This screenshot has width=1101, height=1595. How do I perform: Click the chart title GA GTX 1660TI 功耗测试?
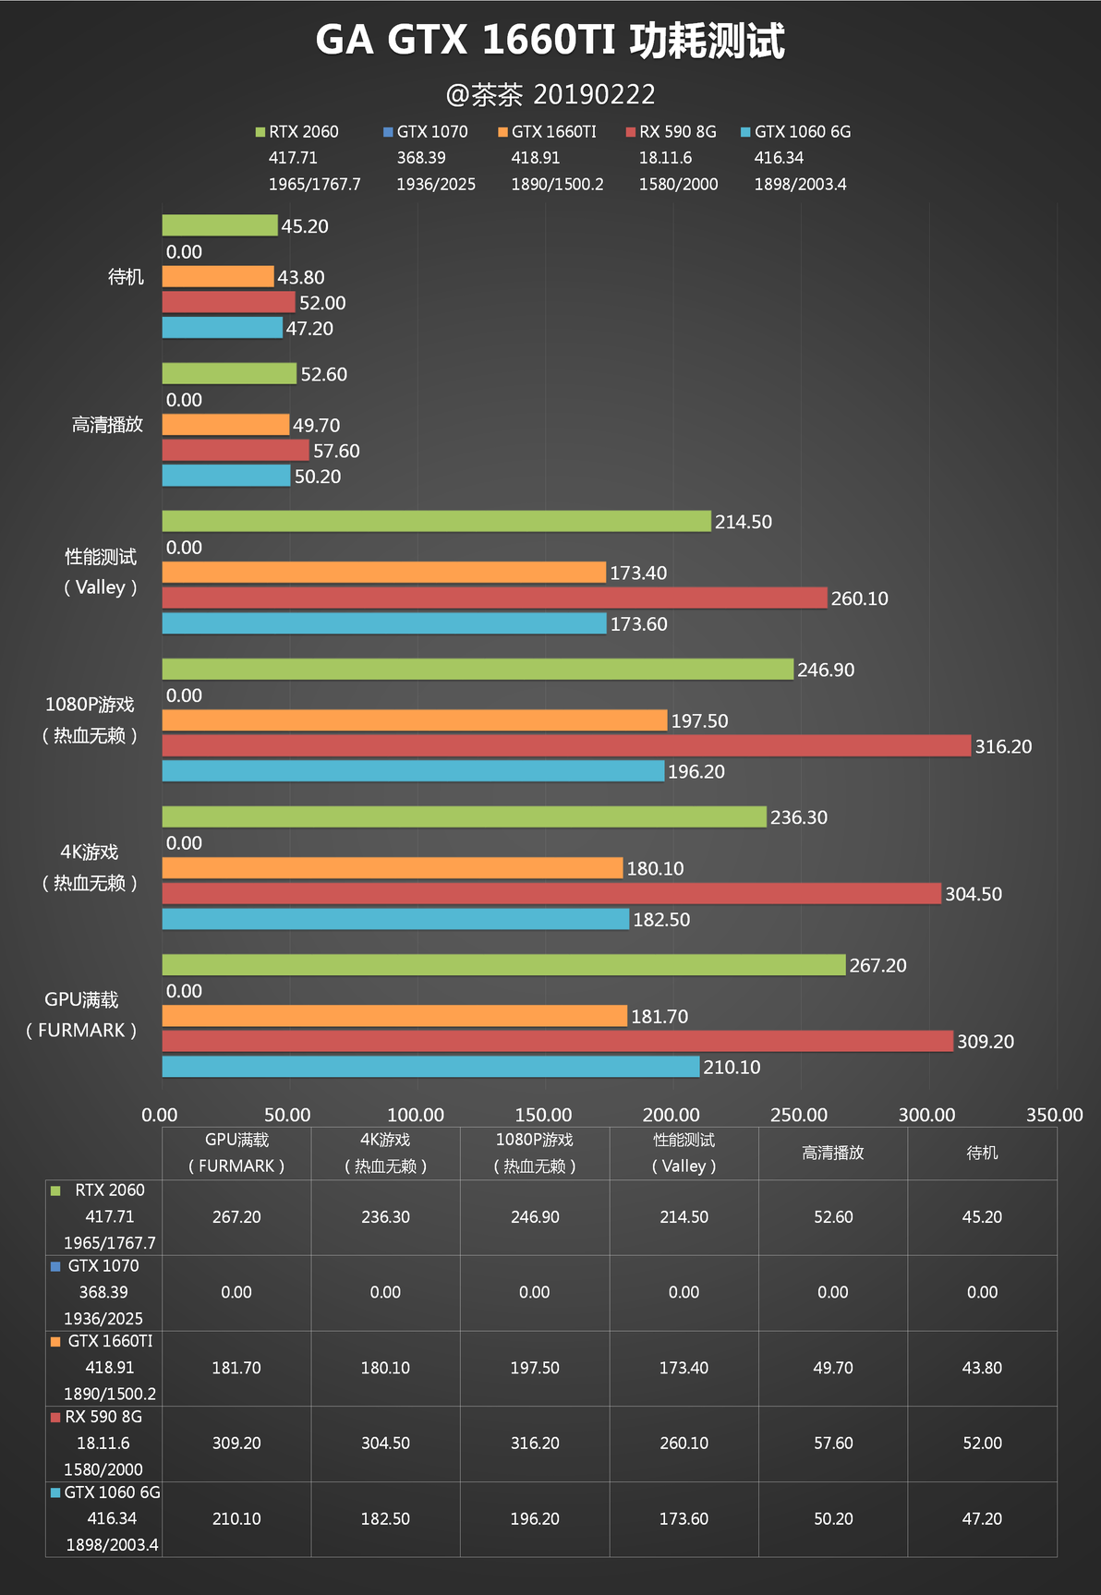(x=550, y=42)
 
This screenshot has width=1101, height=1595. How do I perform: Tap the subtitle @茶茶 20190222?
(x=550, y=94)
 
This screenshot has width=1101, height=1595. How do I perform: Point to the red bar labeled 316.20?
(x=566, y=745)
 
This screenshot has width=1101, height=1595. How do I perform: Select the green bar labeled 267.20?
(x=503, y=964)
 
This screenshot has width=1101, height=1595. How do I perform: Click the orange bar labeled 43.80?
(x=218, y=276)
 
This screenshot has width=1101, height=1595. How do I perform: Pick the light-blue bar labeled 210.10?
(x=430, y=1067)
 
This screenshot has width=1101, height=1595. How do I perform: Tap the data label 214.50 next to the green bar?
(x=743, y=522)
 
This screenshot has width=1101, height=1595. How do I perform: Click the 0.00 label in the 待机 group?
(x=184, y=251)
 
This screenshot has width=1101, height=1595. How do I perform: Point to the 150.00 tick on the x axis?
(x=543, y=1115)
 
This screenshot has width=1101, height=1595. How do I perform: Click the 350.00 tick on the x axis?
(x=1054, y=1115)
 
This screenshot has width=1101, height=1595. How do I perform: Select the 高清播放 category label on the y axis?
(x=107, y=425)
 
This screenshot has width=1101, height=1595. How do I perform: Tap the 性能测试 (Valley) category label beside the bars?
(x=100, y=572)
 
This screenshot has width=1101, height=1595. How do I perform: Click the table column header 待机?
(x=982, y=1153)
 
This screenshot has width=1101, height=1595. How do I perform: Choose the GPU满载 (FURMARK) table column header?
(x=236, y=1153)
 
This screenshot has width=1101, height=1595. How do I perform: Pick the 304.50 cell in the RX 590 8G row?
(x=385, y=1443)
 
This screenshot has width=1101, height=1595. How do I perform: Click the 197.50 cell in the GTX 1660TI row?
(x=535, y=1368)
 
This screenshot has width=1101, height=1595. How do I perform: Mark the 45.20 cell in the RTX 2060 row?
(x=982, y=1217)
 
